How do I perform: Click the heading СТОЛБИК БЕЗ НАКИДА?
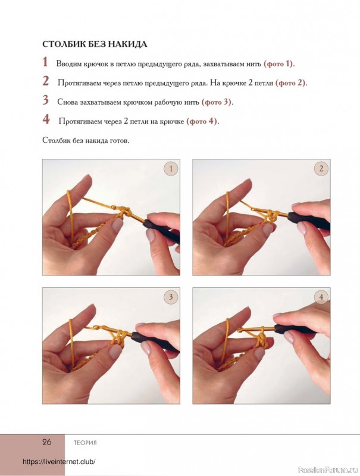pos(95,44)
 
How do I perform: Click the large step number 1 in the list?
pos(45,62)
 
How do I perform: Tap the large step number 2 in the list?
pos(46,82)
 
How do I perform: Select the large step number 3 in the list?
pos(46,101)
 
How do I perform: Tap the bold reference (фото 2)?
pos(291,83)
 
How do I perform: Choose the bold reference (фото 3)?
pos(217,102)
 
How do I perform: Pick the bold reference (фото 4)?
pos(202,121)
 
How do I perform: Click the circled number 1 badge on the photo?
pos(171,169)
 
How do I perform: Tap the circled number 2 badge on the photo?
pos(321,169)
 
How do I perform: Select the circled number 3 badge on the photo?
pos(171,297)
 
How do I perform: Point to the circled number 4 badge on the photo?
pos(321,297)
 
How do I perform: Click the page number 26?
pos(47,442)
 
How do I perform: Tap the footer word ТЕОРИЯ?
pos(85,443)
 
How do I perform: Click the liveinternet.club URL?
pos(59,462)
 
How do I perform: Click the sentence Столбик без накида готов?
pos(86,141)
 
